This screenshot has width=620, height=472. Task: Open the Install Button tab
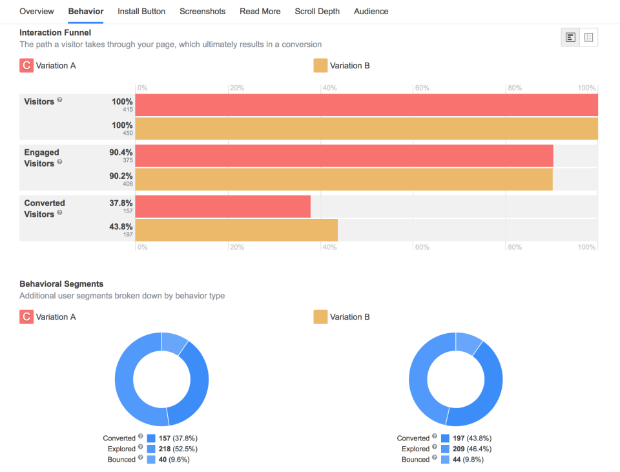tap(141, 12)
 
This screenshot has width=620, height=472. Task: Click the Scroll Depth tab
tap(317, 12)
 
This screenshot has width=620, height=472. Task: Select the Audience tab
tap(371, 12)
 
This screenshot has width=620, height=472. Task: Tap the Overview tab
tap(37, 12)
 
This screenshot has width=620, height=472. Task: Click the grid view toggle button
tap(588, 37)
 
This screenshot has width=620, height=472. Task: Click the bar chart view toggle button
tap(570, 37)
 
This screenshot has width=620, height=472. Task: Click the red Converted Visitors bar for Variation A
tap(223, 207)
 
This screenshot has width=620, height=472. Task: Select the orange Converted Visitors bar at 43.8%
tap(236, 230)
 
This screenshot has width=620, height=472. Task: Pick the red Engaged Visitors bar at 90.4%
tap(344, 156)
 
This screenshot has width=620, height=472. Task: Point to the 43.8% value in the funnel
tap(121, 227)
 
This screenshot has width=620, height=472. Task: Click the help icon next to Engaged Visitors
tap(59, 162)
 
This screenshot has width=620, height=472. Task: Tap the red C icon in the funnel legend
tap(26, 65)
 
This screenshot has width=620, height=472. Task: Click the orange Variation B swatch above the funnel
tap(320, 65)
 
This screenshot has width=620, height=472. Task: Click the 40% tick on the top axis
tap(330, 88)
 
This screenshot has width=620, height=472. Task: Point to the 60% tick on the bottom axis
tap(422, 247)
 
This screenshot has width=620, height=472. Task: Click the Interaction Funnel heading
tap(55, 32)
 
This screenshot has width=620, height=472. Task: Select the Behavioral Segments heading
tap(61, 283)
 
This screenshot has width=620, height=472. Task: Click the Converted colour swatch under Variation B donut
tap(446, 438)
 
